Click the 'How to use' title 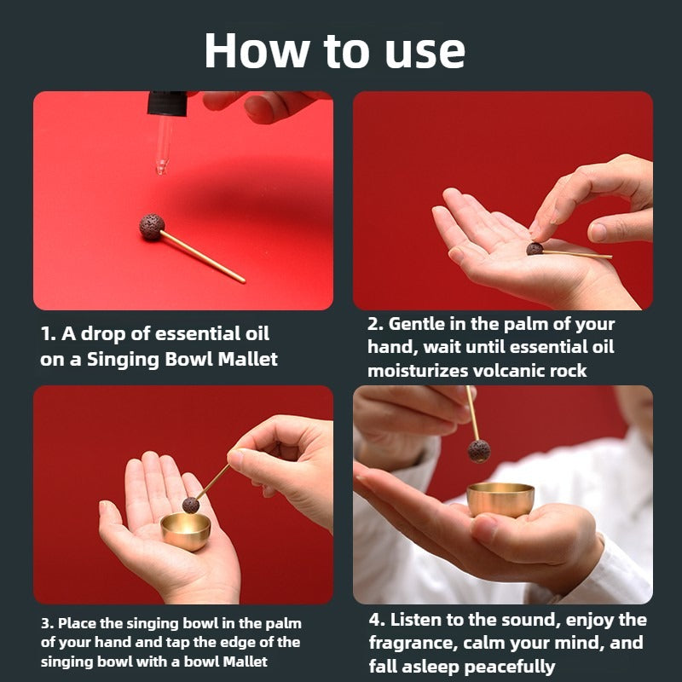334,50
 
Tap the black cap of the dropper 167,103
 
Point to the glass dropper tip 162,167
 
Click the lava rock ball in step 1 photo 152,227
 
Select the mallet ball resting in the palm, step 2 535,249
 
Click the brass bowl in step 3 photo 185,531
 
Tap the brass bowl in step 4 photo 500,500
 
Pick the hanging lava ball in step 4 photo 479,451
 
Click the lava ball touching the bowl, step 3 190,506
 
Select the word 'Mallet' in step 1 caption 247,359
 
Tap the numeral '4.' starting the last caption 377,620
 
